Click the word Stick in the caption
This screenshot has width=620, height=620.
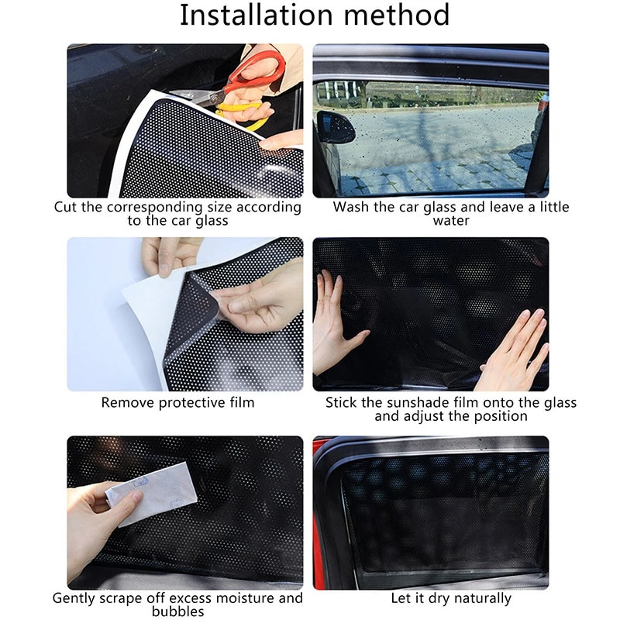pyautogui.click(x=342, y=402)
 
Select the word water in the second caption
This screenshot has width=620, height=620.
pyautogui.click(x=450, y=221)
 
